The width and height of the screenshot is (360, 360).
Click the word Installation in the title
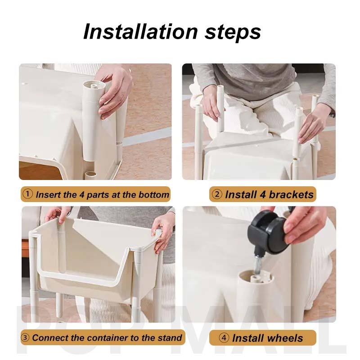coord(140,31)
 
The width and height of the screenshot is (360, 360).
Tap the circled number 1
coord(28,194)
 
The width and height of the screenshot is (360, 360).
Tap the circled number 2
coord(217,194)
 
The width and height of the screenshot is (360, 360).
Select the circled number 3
coord(25,337)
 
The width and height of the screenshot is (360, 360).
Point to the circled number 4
coord(224,338)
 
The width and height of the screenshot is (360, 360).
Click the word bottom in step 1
coord(154,195)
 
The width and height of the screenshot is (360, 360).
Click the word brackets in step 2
coord(291,194)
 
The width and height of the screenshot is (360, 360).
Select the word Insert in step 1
coord(48,195)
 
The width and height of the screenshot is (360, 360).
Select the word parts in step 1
coord(98,195)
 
